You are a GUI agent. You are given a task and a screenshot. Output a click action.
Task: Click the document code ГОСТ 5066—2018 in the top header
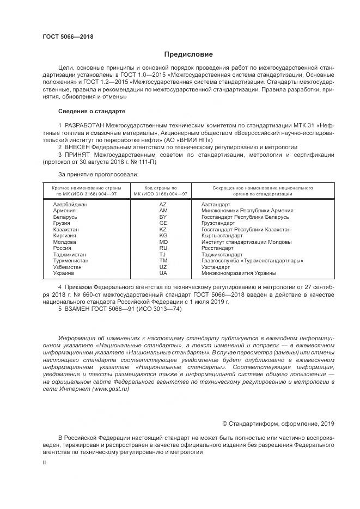[68, 37]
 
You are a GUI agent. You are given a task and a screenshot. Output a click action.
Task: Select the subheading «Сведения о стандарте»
[91, 111]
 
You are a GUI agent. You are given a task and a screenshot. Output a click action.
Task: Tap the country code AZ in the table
[163, 204]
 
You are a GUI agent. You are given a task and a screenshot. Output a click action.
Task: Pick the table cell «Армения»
[65, 210]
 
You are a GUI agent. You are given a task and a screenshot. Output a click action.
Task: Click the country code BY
[163, 217]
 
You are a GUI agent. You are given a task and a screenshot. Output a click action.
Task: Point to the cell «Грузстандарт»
[218, 223]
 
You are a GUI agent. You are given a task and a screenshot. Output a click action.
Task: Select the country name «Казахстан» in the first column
[66, 230]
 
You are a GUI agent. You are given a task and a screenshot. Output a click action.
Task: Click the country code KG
[163, 236]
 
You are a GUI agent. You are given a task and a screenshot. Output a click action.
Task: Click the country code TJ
[163, 255]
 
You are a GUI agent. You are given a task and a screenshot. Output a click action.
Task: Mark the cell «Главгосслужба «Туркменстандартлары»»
[252, 261]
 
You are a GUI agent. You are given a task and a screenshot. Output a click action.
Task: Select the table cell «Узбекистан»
[68, 267]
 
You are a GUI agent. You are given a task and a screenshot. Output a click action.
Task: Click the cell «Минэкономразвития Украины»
[239, 273]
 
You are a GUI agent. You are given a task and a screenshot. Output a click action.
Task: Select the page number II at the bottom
[45, 462]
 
